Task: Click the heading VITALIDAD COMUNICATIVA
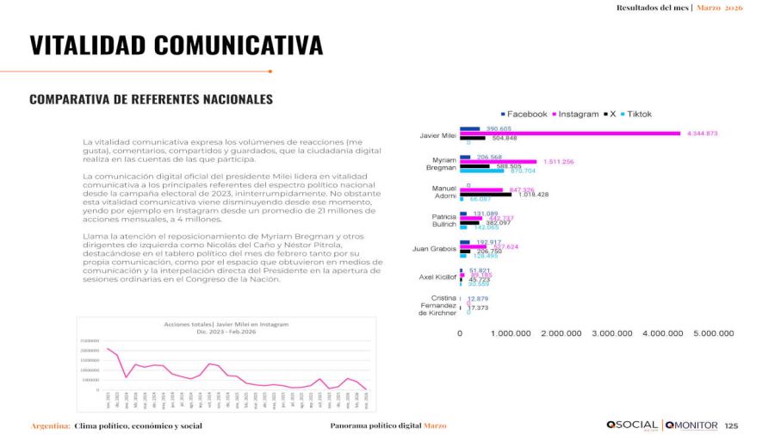point(176,46)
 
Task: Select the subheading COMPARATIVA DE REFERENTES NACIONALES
point(151,99)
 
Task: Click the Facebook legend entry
point(524,114)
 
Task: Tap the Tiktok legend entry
point(635,114)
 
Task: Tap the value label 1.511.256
point(559,162)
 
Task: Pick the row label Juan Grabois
point(435,249)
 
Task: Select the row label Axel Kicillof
point(437,277)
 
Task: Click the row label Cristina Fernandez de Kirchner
point(437,305)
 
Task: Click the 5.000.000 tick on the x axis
point(713,332)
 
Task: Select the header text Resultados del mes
point(652,8)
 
